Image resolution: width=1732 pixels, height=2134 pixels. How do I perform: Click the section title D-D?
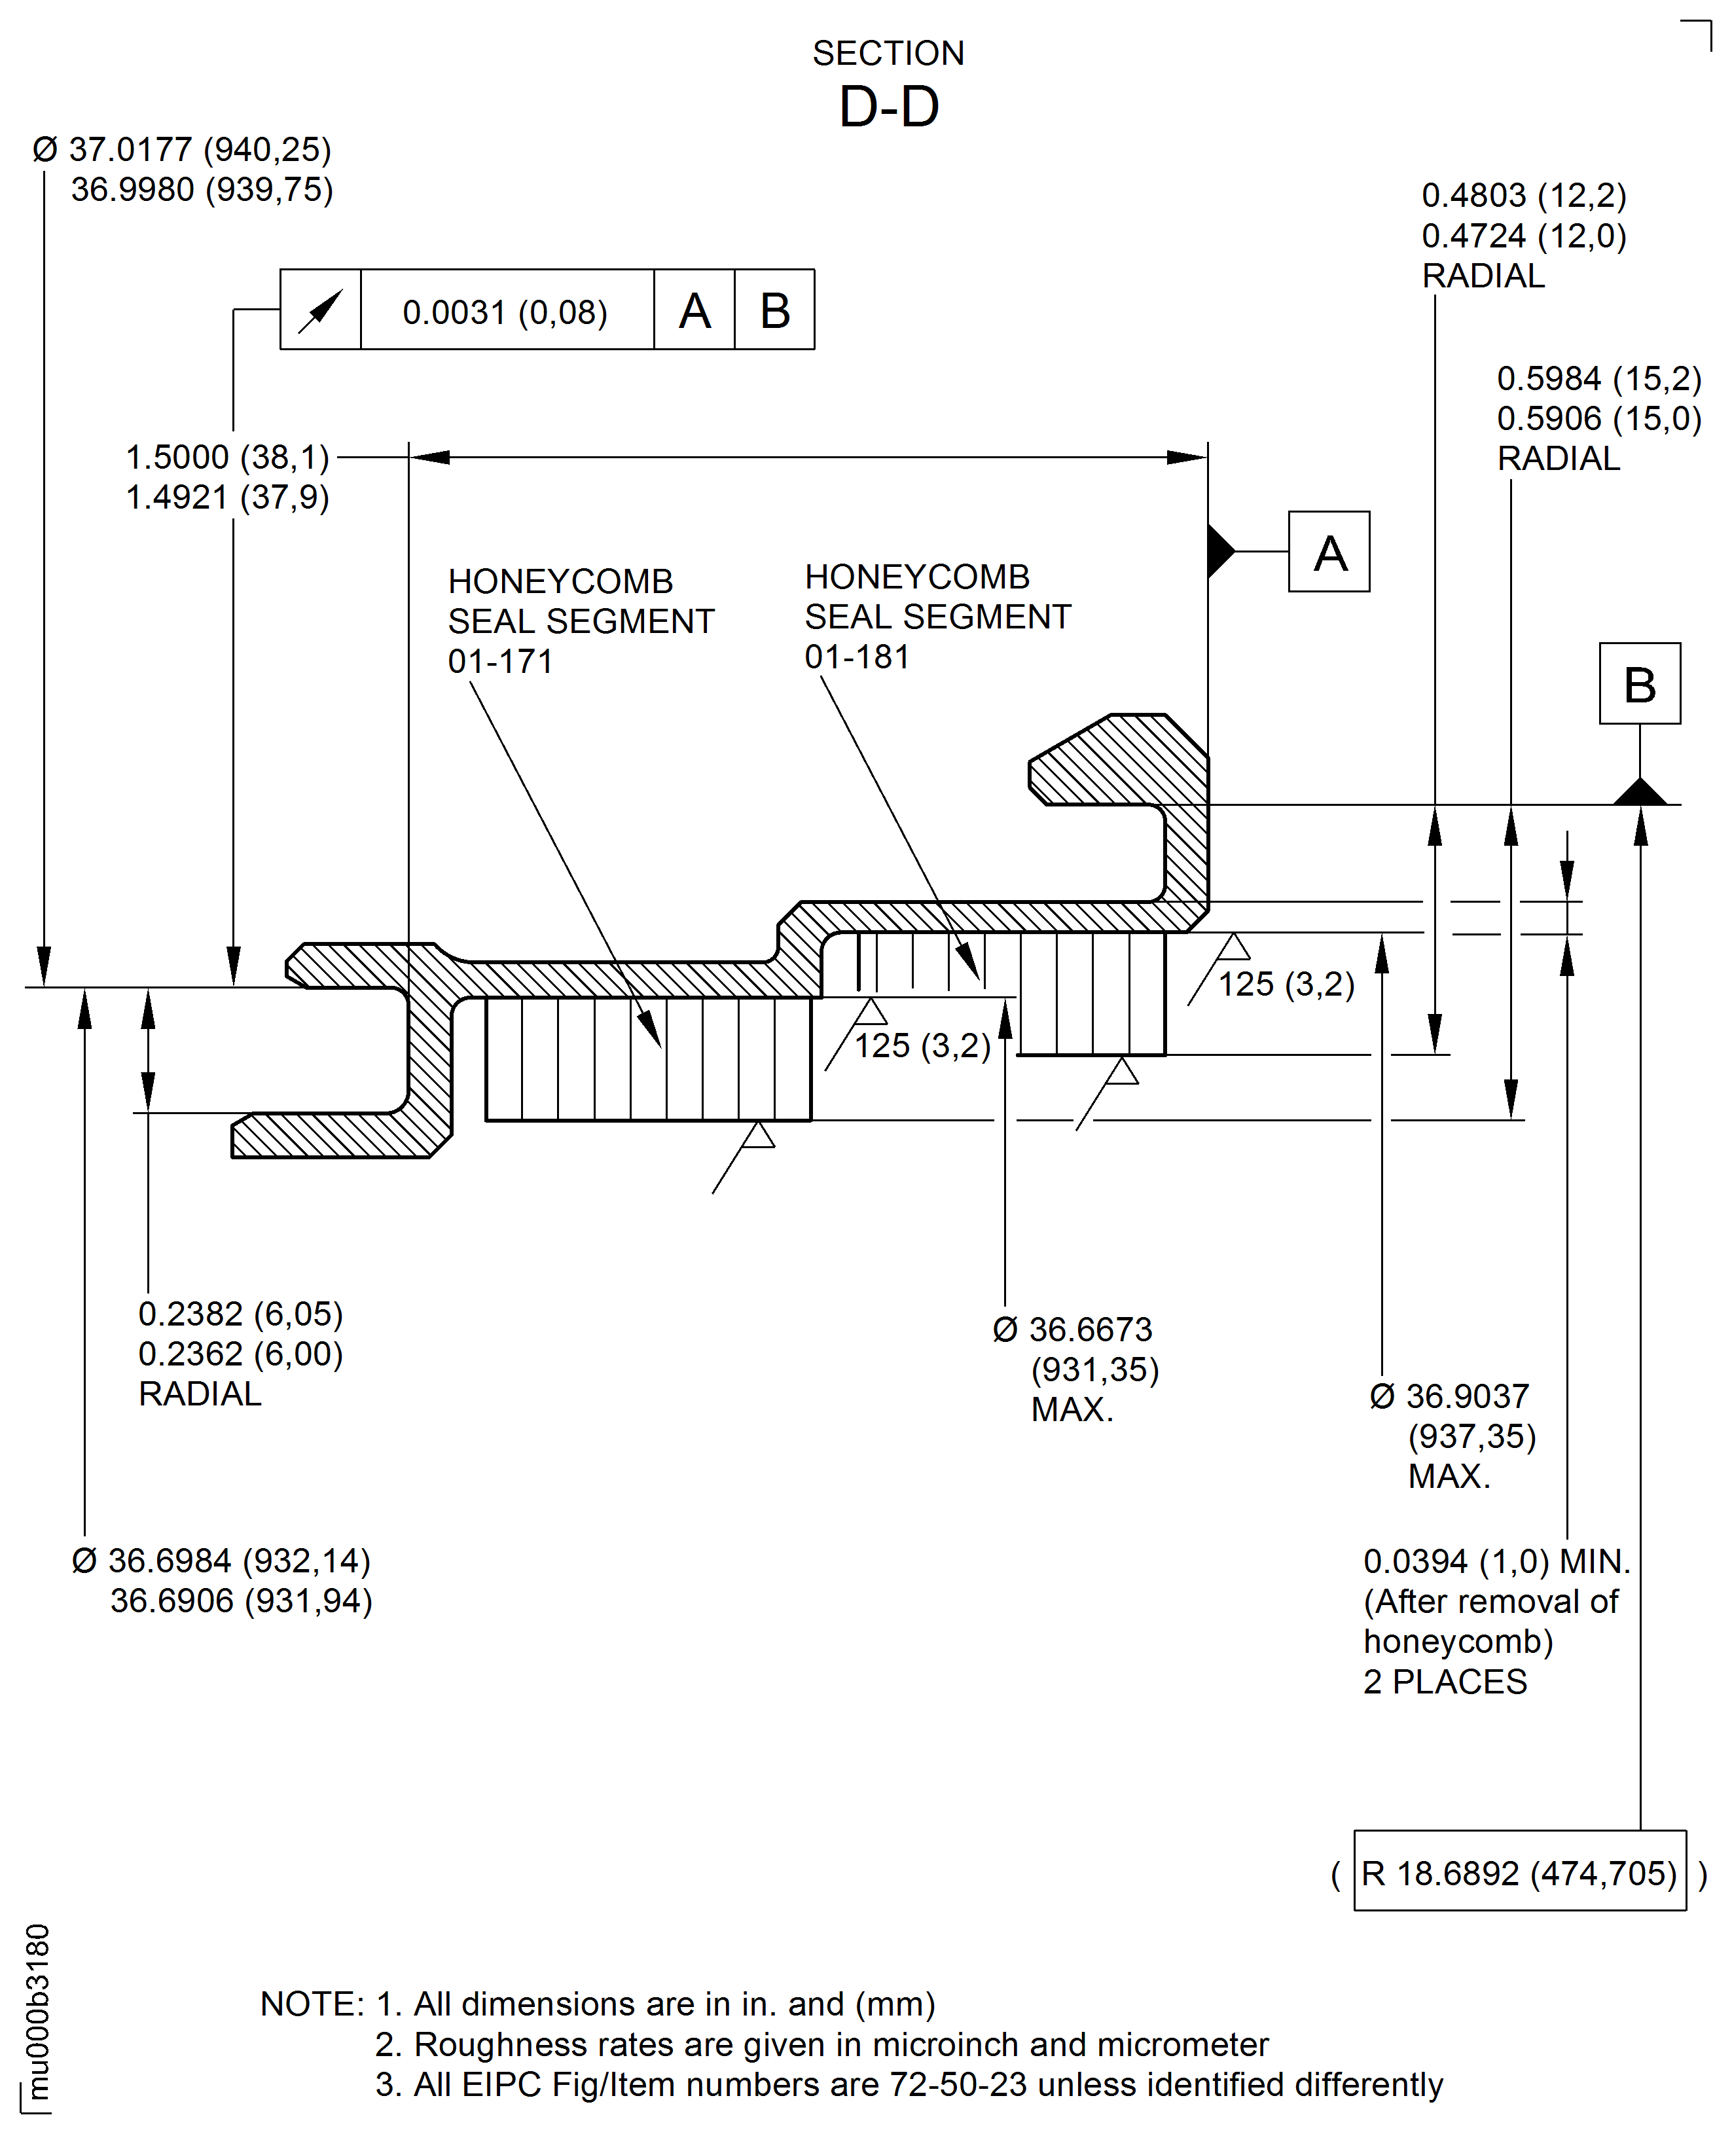889,107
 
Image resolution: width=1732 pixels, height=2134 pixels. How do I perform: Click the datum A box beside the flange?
1328,552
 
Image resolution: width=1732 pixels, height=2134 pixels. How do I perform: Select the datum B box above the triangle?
1639,683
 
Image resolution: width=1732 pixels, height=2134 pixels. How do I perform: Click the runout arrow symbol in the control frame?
320,310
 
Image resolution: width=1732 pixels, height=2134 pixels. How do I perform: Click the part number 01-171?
500,661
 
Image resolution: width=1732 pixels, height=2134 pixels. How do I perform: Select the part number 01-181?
857,657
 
